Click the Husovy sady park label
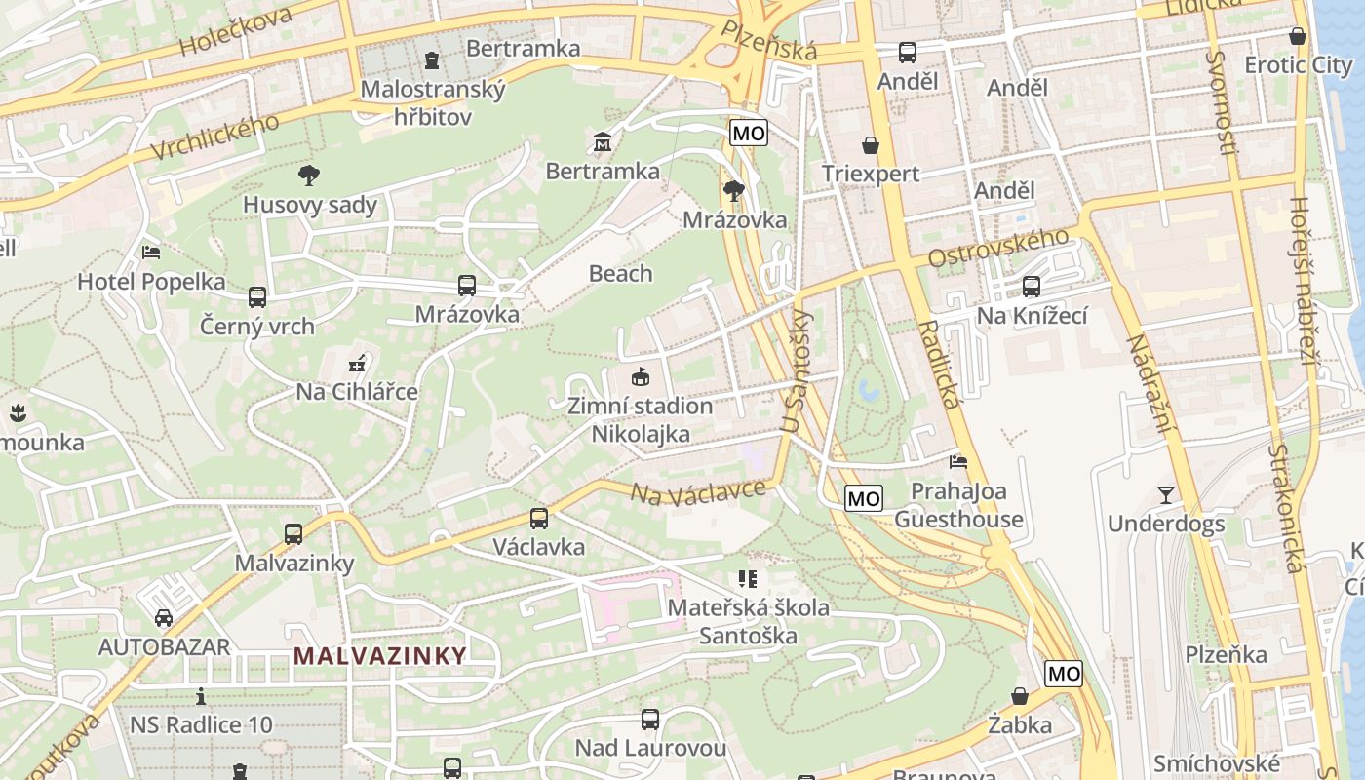(309, 205)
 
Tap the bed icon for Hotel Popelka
(151, 252)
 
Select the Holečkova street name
(235, 30)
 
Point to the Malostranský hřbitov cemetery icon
(432, 60)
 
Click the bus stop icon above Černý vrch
(257, 296)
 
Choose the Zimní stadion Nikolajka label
(641, 419)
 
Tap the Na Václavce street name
(697, 490)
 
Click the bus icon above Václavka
(539, 518)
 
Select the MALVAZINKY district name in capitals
(380, 655)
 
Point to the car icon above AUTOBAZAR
(164, 617)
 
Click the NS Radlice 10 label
(201, 724)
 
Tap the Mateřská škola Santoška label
(748, 621)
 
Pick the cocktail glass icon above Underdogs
(1165, 494)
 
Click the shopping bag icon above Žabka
(1019, 696)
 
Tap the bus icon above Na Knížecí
(1032, 287)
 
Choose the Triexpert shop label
(870, 174)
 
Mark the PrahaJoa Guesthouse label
(958, 505)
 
